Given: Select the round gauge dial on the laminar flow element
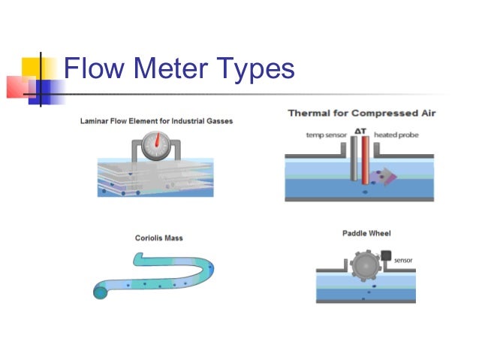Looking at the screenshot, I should point(155,145).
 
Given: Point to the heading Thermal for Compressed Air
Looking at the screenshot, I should point(361,113).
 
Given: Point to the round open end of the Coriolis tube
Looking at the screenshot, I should point(101,292).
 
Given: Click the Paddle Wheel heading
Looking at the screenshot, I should point(366,233).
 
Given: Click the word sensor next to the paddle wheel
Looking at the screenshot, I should point(403,261).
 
